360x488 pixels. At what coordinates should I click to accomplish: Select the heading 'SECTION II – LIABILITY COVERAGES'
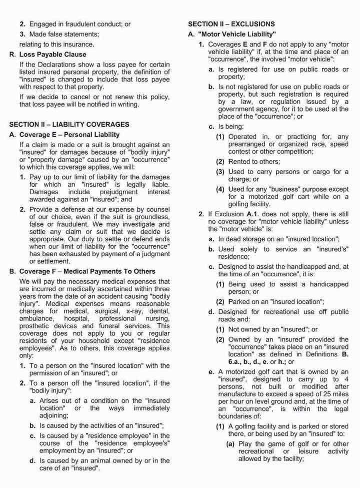point(69,124)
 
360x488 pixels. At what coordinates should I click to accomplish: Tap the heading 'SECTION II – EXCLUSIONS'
point(231,24)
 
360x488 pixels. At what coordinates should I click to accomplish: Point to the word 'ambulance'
point(36,318)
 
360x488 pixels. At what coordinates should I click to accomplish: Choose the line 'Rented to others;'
point(254,162)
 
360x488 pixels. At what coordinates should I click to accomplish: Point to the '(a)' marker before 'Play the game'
point(231,443)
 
